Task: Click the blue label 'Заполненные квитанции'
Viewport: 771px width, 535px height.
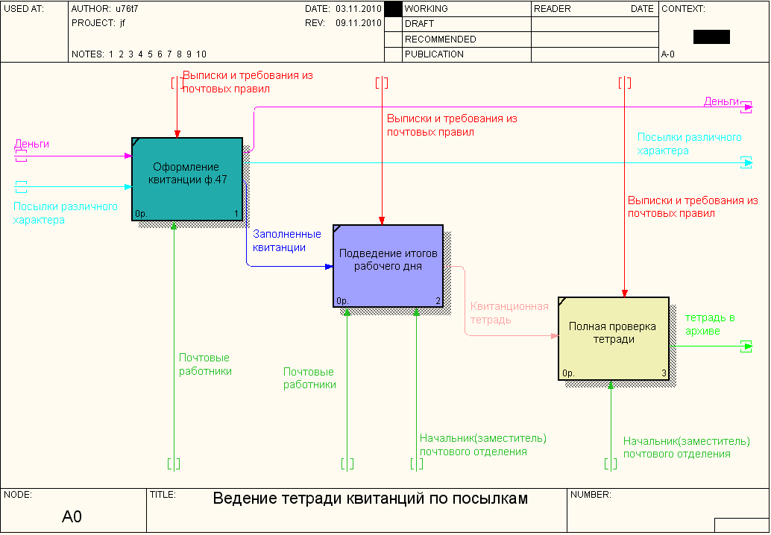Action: point(287,241)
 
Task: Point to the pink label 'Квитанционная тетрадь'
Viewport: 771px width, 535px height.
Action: point(509,313)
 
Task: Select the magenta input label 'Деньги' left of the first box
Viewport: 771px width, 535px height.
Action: point(31,144)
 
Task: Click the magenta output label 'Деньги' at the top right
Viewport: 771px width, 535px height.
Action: point(721,101)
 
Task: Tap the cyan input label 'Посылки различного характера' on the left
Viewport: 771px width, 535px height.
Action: point(66,213)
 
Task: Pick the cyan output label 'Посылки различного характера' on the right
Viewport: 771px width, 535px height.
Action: point(689,144)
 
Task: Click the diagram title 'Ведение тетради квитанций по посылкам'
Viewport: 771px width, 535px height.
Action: point(371,498)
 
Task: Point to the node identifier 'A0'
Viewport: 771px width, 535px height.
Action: point(72,516)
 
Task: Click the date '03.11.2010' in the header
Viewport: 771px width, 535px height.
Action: point(359,9)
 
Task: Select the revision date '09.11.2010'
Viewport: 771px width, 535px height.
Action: point(359,23)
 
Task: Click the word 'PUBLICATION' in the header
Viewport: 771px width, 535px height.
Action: point(434,54)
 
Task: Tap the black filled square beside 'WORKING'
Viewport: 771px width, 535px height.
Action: point(393,9)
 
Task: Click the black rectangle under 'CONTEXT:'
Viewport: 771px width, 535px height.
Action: point(711,37)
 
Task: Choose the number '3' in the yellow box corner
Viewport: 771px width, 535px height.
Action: point(664,373)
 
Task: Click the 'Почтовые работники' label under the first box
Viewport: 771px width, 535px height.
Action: point(205,364)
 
